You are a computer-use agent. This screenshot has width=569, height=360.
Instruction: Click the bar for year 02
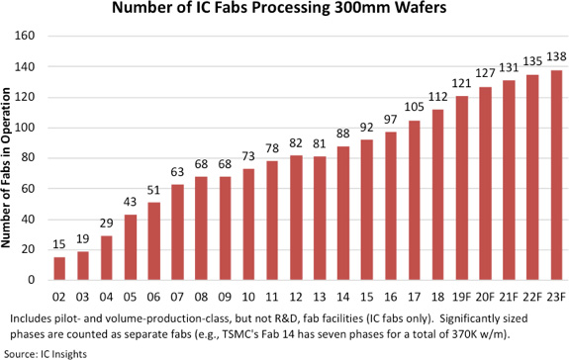point(59,268)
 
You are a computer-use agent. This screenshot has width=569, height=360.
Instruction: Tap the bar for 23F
point(556,175)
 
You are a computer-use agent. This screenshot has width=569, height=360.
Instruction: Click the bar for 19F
point(462,188)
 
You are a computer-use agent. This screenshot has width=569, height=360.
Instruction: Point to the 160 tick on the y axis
point(25,36)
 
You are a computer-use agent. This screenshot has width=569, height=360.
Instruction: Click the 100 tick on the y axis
point(25,128)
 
